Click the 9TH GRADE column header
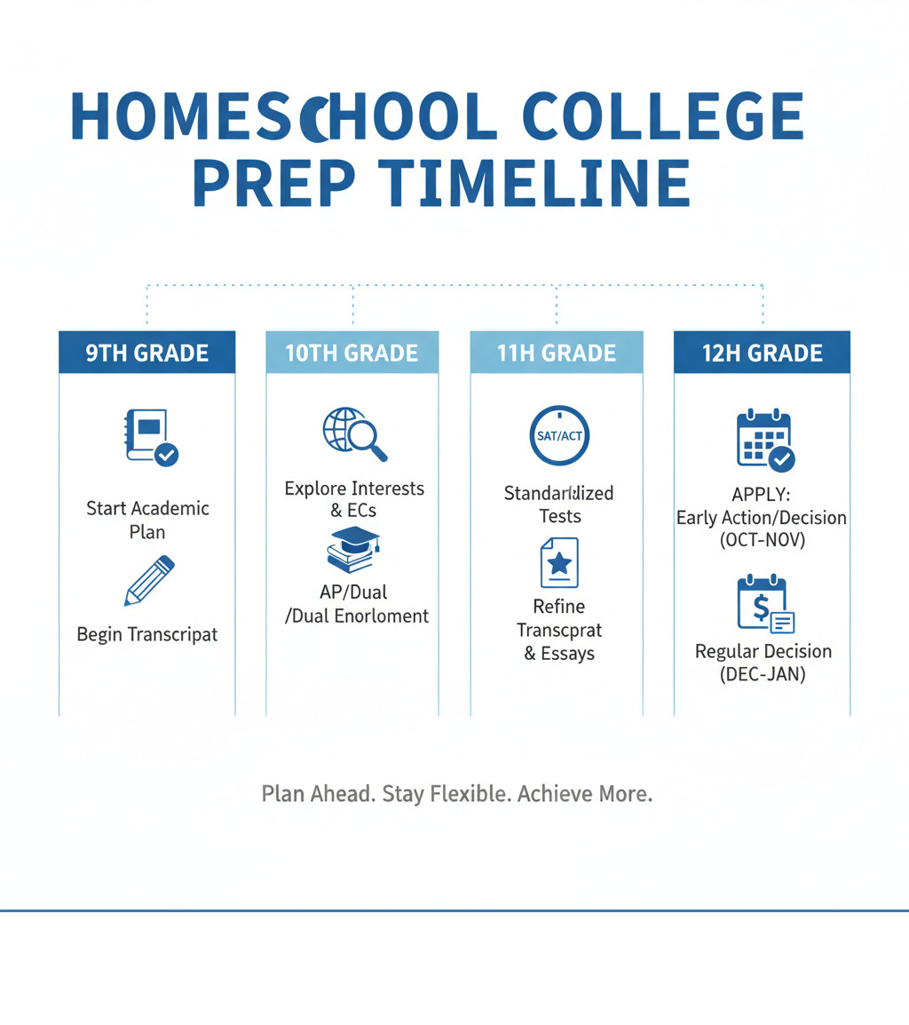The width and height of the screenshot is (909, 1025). coord(147,353)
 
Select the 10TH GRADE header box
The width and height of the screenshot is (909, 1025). coord(352,353)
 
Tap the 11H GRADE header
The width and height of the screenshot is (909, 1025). coord(557,353)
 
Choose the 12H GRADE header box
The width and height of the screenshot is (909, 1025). coord(763,353)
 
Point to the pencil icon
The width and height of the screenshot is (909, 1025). coord(149,581)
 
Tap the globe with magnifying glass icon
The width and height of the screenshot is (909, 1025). coord(354,433)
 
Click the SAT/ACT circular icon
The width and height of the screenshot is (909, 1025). coord(559,436)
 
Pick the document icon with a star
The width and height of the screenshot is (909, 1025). coord(559,562)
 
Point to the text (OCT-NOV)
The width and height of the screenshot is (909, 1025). coord(763,540)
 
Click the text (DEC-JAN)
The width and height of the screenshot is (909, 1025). coord(763,674)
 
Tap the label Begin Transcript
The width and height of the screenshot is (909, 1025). coord(147,634)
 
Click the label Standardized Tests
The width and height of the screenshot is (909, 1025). coord(559,505)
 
